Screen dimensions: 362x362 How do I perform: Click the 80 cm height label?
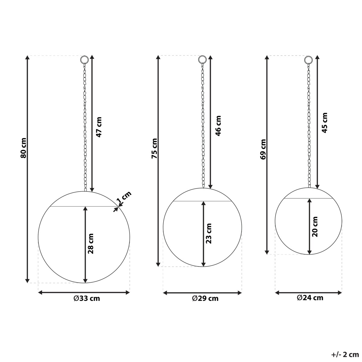point(23,148)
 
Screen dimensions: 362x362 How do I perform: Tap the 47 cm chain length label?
point(99,127)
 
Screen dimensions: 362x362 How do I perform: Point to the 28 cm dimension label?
point(91,243)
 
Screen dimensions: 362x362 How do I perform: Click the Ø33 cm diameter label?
point(87,298)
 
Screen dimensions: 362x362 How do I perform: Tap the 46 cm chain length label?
point(218,126)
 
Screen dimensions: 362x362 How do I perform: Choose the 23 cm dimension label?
point(208,233)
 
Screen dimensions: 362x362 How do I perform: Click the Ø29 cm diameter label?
point(205,298)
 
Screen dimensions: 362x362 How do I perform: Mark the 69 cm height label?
point(263,149)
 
